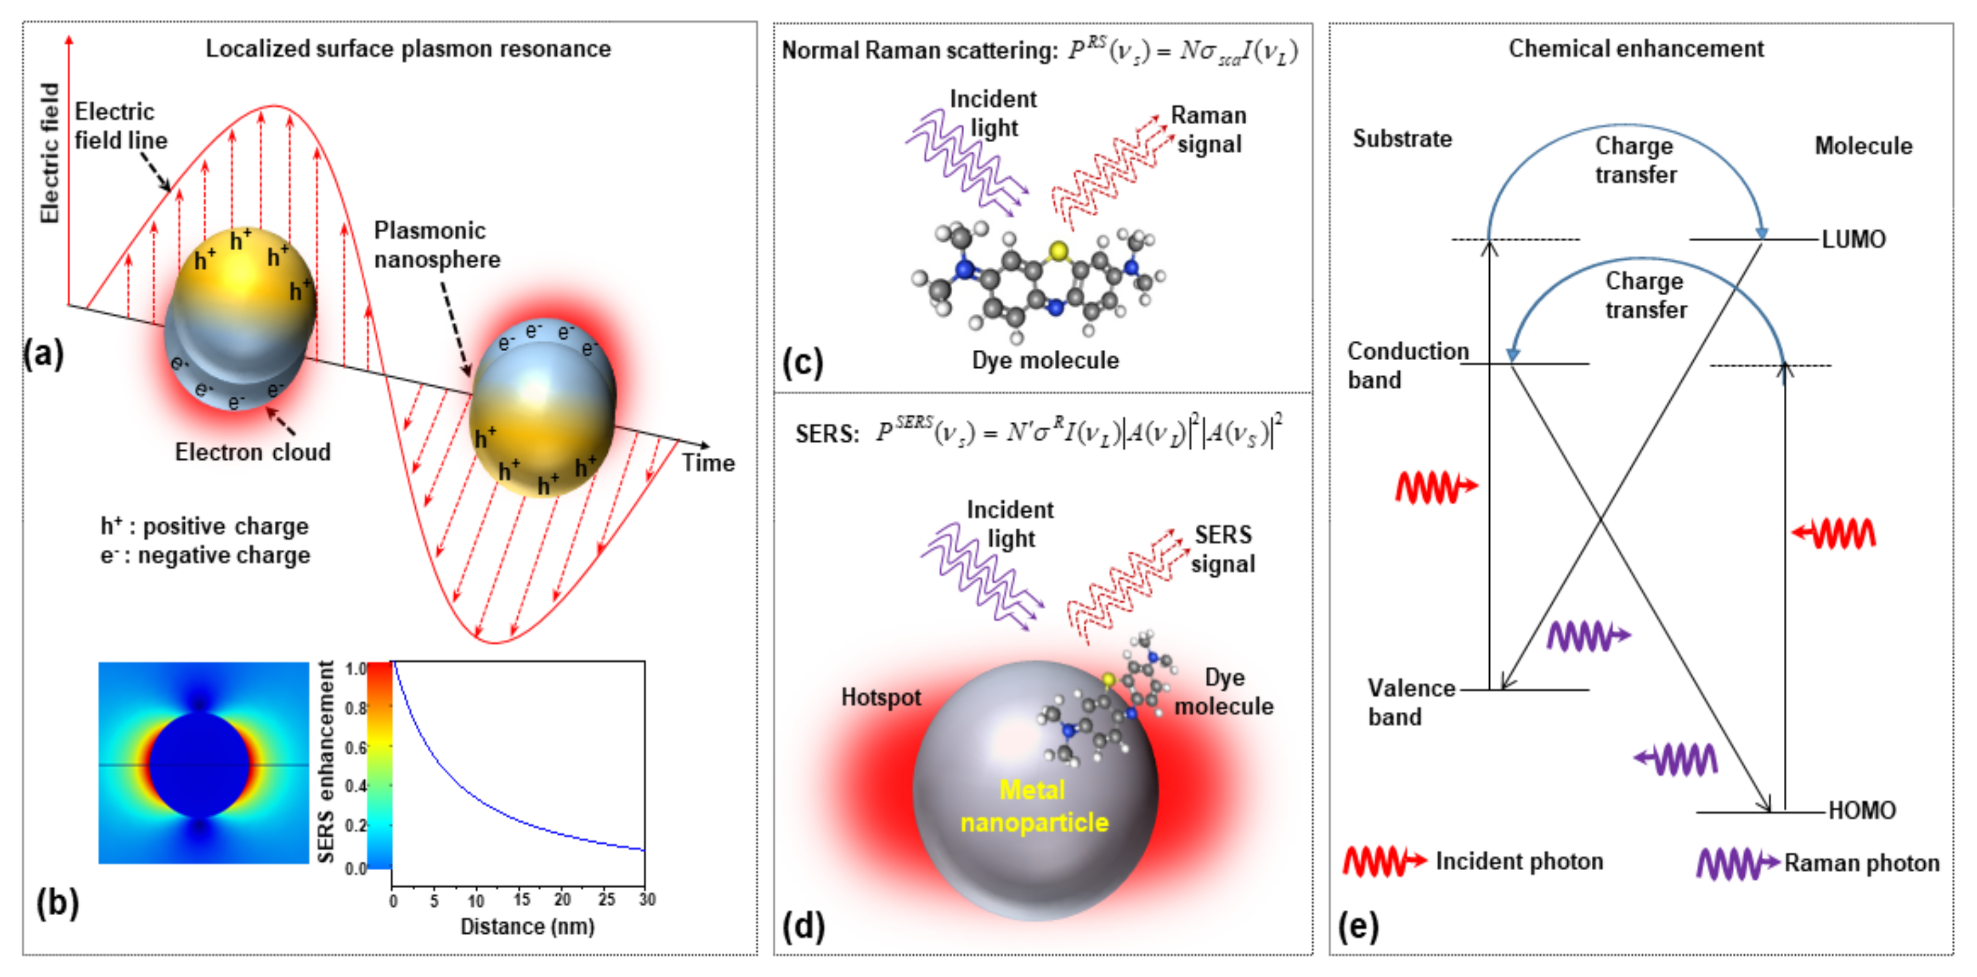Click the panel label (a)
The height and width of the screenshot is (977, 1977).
pos(44,355)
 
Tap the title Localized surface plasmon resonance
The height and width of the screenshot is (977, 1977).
pos(407,49)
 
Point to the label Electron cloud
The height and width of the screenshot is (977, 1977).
pos(253,452)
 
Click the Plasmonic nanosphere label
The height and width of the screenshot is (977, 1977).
pos(436,245)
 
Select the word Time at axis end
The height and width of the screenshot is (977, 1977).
pos(707,463)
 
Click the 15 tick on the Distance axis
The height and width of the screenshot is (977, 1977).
pos(522,900)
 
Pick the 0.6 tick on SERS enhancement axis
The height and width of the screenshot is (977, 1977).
pos(355,748)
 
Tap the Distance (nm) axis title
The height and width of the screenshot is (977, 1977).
pos(527,927)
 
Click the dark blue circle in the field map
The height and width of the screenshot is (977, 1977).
pos(200,765)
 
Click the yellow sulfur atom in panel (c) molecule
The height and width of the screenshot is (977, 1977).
pos(1058,250)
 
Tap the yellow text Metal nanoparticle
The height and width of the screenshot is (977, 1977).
pos(1034,807)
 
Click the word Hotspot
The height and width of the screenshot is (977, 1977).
pos(880,697)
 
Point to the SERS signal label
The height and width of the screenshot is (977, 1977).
pos(1223,550)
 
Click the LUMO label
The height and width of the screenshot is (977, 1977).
pos(1853,239)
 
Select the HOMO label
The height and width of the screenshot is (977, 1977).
pos(1861,810)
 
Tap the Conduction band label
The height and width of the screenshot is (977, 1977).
pos(1407,365)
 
